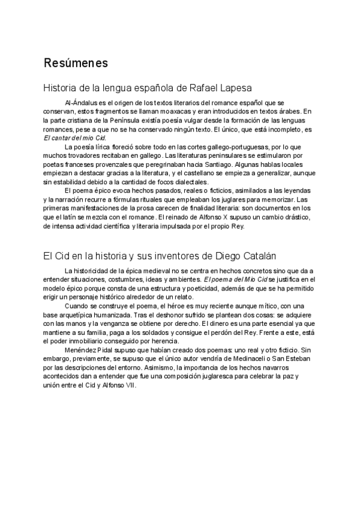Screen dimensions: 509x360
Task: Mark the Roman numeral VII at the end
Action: click(x=130, y=385)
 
